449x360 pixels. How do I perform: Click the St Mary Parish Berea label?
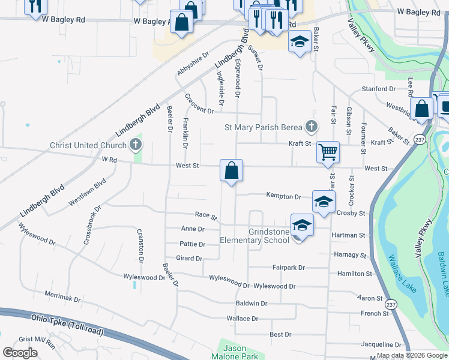(x=264, y=127)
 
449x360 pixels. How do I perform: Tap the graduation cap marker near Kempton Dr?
(x=323, y=201)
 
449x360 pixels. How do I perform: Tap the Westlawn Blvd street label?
(x=87, y=193)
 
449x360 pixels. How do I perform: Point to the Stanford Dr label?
(x=379, y=89)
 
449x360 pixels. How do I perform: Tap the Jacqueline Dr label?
(x=381, y=345)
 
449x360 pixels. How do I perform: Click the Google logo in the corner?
(x=20, y=353)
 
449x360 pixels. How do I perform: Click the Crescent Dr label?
(x=199, y=104)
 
